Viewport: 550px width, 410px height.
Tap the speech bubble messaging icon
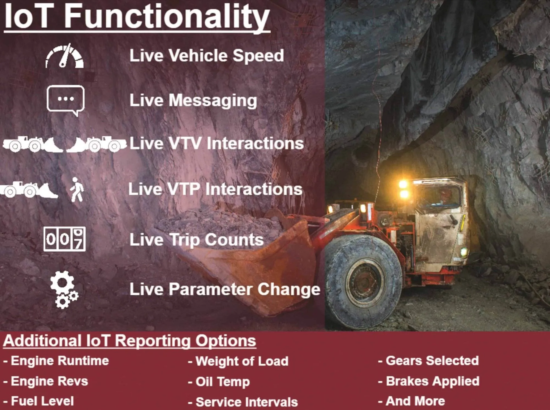point(65,99)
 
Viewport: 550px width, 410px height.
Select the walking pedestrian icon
point(77,189)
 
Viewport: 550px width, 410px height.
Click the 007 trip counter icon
point(64,239)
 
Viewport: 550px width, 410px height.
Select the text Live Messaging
point(193,100)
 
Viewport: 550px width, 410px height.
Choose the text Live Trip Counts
point(196,240)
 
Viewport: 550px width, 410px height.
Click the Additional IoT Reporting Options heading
point(130,341)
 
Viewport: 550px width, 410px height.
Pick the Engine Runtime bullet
point(56,361)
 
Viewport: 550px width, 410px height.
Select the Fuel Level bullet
point(39,401)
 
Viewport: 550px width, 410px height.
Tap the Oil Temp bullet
point(219,382)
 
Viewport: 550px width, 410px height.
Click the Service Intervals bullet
point(243,402)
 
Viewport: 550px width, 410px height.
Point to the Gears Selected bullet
point(428,361)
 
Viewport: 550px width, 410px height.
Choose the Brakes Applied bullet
point(429,381)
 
